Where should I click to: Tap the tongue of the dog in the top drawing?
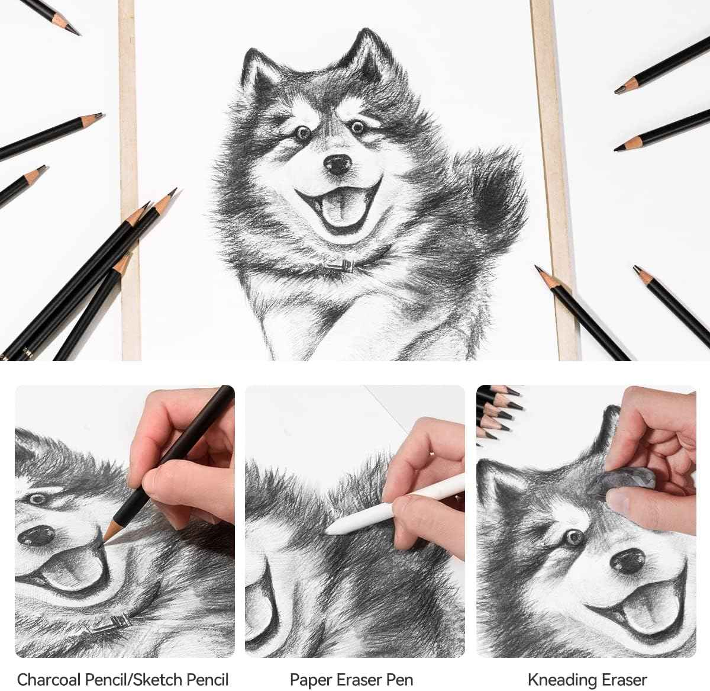tap(339, 211)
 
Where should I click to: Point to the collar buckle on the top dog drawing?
tap(341, 266)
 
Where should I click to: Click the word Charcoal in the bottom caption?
tap(50, 679)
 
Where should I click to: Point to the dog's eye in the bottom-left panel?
tap(37, 499)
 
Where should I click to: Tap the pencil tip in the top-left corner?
tap(74, 31)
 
